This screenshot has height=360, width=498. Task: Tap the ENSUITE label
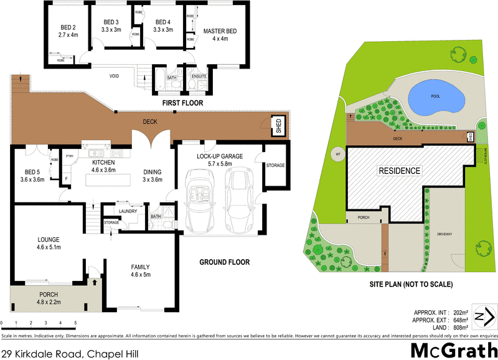click(199, 76)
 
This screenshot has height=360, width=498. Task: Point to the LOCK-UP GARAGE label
click(219, 156)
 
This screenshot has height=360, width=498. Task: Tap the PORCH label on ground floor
click(49, 295)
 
